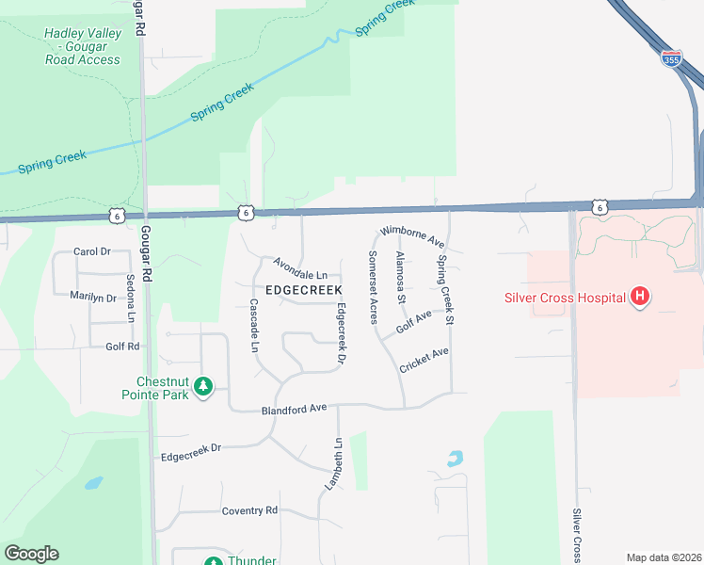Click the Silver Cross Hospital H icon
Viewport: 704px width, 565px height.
[x=640, y=298]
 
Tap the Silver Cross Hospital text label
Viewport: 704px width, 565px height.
[x=563, y=299]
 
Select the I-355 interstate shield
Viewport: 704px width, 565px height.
[x=671, y=58]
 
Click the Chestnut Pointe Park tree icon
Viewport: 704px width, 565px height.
[x=201, y=386]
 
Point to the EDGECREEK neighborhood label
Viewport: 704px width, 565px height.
[x=303, y=290]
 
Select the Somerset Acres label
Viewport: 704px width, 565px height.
[x=373, y=287]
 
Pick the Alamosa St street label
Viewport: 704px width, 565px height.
[x=400, y=278]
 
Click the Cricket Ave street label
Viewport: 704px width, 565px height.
[x=424, y=360]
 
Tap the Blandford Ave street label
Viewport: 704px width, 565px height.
[x=294, y=409]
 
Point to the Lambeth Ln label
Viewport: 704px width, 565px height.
[x=337, y=462]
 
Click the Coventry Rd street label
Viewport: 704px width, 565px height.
[x=249, y=510]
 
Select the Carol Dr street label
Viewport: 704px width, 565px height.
[x=92, y=252]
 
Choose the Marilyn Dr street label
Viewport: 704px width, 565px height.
[x=92, y=298]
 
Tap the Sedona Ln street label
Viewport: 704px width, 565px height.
[x=130, y=299]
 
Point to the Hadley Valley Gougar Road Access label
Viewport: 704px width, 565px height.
[x=82, y=46]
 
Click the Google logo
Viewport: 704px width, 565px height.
[x=31, y=554]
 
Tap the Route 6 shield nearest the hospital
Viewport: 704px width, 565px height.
[x=600, y=206]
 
